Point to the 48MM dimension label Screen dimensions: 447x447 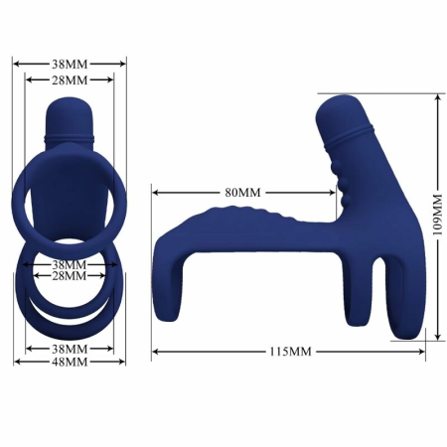tap(70, 363)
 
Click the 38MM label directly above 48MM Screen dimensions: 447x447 tap(70, 349)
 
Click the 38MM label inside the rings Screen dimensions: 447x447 tap(70, 265)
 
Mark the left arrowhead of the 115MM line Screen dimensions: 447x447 tap(155, 352)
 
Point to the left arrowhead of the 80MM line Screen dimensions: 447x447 tap(155, 191)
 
